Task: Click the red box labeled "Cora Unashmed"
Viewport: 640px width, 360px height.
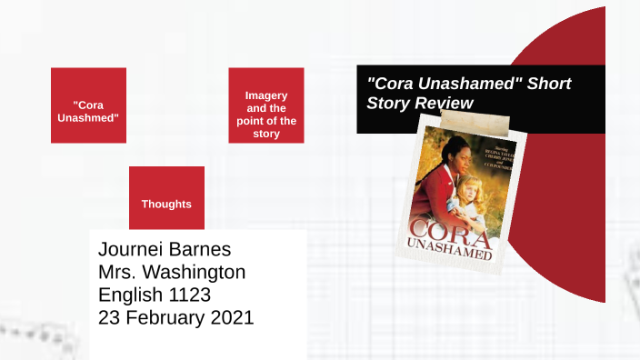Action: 88,105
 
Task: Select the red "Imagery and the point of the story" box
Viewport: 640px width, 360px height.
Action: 266,105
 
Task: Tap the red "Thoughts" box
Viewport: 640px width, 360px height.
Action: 166,198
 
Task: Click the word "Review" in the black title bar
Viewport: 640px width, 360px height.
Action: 445,103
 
